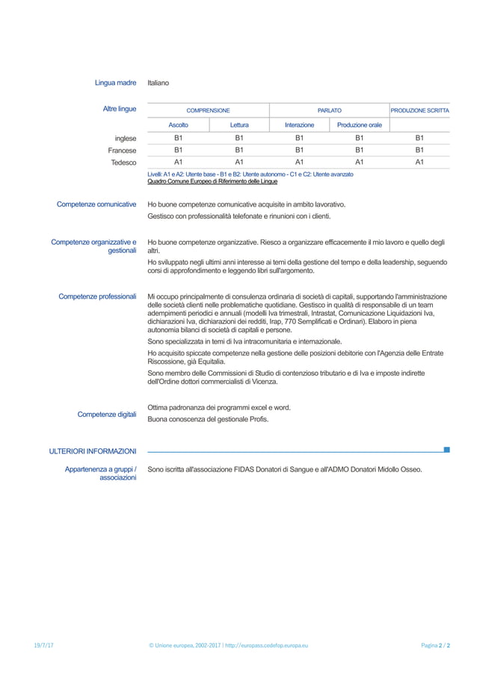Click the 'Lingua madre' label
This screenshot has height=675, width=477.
(x=115, y=82)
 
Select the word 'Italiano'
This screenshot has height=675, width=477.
(x=159, y=82)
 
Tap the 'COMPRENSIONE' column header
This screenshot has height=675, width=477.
(x=208, y=110)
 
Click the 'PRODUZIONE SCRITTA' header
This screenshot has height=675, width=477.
(x=419, y=110)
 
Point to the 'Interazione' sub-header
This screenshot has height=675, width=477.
(x=299, y=125)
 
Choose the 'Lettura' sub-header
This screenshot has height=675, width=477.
(x=239, y=125)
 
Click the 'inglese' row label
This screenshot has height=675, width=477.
(x=125, y=138)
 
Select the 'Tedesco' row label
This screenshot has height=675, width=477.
(x=123, y=162)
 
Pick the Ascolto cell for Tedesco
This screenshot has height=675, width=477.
(x=178, y=162)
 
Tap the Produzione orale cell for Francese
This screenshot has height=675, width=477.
(x=359, y=150)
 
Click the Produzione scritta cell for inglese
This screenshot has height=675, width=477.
(x=419, y=138)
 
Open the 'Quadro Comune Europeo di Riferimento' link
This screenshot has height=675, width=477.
(x=212, y=181)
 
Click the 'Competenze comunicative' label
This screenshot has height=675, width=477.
(x=96, y=204)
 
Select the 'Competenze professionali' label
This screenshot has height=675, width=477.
(x=97, y=296)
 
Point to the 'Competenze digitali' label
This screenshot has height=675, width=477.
(x=107, y=414)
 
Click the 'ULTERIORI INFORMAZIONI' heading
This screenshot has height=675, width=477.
(x=93, y=451)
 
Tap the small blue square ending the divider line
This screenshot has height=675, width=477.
(x=446, y=450)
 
